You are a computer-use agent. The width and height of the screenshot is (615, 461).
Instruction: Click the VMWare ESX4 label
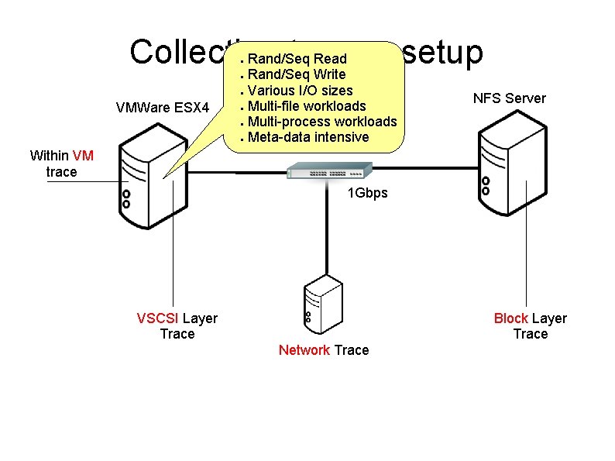162,106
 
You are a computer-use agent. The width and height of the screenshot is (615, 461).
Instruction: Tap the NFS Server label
509,98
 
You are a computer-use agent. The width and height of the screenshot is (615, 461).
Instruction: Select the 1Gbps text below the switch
367,193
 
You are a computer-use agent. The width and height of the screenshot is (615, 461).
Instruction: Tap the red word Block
510,318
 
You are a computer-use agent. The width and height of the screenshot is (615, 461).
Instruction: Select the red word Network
304,350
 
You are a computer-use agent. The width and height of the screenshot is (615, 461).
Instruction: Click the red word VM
83,156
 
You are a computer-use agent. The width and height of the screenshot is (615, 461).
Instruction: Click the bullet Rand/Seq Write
297,74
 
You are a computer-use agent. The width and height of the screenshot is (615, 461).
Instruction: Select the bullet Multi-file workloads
307,106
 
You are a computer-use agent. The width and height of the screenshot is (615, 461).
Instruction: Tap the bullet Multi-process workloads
322,122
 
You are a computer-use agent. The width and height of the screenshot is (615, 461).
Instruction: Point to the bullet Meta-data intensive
308,137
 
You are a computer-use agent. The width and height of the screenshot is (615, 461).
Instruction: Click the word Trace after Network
352,350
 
